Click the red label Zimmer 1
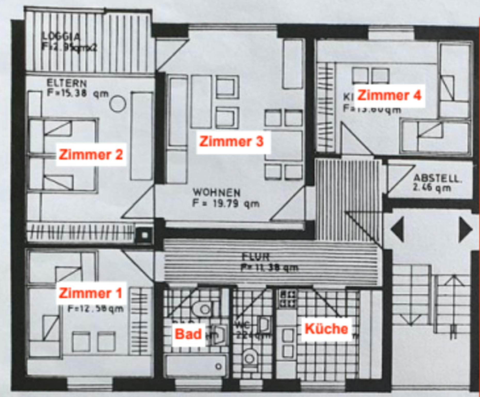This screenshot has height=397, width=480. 90,293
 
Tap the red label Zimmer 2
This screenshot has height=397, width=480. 91,155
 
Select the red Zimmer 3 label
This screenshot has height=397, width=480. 232,142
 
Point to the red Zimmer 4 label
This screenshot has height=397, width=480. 389,95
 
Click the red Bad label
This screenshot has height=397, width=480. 188,334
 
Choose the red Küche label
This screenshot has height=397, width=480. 326,329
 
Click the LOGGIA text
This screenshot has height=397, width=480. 61,37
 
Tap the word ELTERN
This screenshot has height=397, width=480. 67,83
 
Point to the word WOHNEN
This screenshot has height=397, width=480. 217,193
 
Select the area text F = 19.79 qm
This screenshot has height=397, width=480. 226,204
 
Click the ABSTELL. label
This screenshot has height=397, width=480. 437,178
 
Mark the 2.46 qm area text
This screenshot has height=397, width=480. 432,188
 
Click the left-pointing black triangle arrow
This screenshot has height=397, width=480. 398,230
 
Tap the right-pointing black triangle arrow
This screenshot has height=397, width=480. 465,230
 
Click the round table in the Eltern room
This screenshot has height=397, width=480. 118,104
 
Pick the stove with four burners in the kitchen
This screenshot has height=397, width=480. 287,299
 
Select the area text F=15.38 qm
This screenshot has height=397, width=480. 78,93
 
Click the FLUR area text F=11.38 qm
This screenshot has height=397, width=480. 270,268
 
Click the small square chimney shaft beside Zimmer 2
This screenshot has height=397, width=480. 145,235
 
